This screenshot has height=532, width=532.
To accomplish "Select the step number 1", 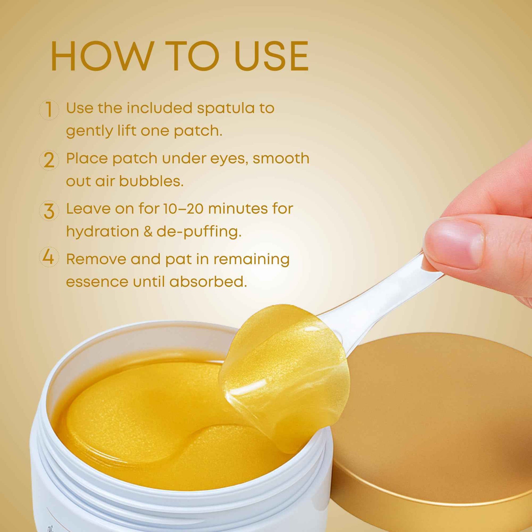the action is pos(49,109).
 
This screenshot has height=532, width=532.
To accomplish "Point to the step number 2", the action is pos(49,160).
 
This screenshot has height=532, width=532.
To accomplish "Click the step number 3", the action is pos(49,211).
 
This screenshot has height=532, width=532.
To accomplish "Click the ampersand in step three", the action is pos(148,232).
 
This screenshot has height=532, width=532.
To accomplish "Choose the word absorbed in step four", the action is pos(208,281).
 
